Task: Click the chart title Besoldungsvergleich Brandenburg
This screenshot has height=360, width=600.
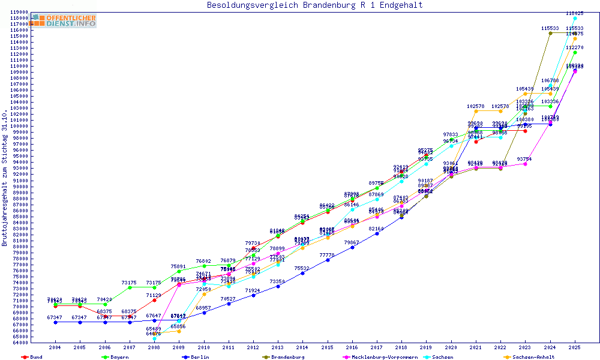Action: (314, 5)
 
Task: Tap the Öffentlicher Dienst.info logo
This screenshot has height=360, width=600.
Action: (65, 20)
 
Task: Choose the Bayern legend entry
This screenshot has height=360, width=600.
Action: (119, 357)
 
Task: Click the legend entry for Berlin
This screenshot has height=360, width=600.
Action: (200, 357)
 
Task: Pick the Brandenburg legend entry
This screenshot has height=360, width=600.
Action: (289, 357)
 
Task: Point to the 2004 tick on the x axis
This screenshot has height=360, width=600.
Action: (55, 347)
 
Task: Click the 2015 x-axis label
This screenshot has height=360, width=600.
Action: (327, 347)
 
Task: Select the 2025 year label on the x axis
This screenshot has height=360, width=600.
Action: (574, 347)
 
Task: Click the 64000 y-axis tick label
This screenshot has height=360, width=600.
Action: (20, 343)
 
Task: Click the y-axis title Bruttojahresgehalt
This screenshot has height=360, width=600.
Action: (5, 178)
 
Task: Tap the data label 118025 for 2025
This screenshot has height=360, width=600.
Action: (574, 13)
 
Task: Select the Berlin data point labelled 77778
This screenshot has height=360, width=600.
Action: (328, 260)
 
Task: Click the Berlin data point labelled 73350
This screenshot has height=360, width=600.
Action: (278, 286)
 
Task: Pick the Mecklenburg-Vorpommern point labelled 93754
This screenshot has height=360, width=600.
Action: (525, 164)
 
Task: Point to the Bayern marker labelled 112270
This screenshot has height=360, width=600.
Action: (575, 52)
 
